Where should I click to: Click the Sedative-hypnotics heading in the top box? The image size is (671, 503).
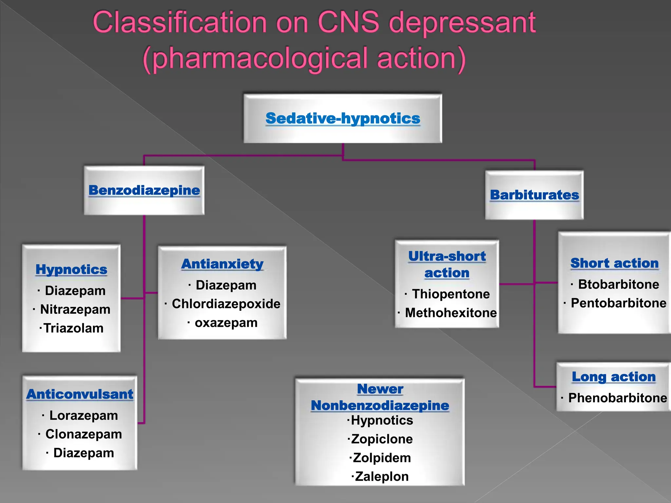point(343,119)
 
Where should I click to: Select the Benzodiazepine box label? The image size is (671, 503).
point(144,190)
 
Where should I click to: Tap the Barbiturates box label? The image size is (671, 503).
point(534,195)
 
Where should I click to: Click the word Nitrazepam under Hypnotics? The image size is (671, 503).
point(75,309)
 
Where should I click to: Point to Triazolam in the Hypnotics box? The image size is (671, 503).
point(73,328)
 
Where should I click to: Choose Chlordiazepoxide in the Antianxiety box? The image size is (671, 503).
point(226,304)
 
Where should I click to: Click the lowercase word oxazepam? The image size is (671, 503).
point(226,323)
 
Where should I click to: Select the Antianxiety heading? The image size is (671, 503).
point(222,264)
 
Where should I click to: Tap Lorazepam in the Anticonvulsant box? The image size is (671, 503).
point(84,416)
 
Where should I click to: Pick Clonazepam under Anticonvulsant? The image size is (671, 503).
point(84,434)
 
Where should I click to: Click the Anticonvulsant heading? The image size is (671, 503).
point(80,394)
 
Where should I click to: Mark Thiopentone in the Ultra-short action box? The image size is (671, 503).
point(451,294)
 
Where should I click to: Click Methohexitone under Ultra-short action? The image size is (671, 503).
point(451,313)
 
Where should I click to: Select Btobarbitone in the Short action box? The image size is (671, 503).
point(618,284)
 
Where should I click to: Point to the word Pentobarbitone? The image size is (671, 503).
point(618,303)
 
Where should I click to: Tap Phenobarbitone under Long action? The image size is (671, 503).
point(618,398)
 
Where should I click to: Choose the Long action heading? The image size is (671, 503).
point(614,377)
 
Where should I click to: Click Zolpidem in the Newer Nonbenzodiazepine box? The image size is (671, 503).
point(382,458)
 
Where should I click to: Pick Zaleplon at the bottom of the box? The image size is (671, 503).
point(382,477)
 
